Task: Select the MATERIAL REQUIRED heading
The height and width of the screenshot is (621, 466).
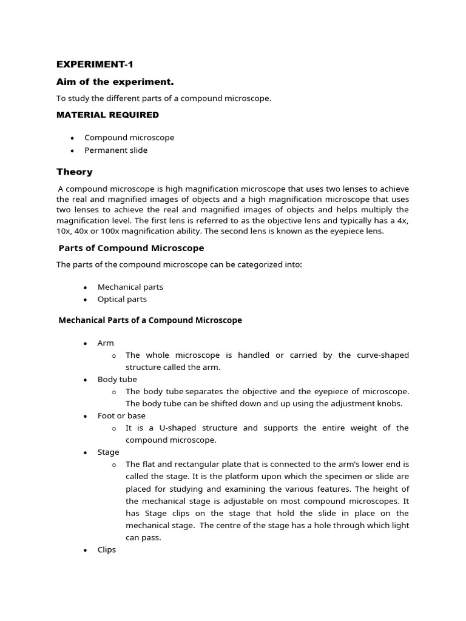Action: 107,115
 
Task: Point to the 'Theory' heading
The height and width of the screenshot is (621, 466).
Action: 75,172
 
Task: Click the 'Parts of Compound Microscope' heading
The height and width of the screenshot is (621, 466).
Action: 131,248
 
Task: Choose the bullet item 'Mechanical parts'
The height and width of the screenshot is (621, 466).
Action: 130,287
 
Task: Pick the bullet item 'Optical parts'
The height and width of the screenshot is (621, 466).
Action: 122,299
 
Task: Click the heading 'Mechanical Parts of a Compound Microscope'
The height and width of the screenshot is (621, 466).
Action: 150,320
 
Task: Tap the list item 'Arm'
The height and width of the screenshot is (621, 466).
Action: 106,343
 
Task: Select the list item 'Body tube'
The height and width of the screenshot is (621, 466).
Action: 117,379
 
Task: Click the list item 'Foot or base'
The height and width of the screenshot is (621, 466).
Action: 121,415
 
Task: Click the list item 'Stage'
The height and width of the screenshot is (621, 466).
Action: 108,452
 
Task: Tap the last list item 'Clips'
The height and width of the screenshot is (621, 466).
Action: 106,549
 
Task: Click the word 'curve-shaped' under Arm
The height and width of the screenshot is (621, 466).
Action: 382,355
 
